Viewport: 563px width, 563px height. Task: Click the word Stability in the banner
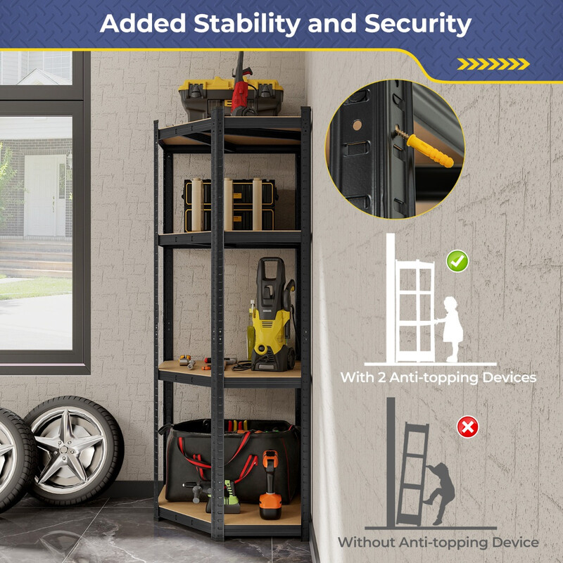(x=247, y=25)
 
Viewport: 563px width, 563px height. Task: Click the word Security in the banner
(x=417, y=25)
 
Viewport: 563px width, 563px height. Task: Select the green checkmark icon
(x=457, y=261)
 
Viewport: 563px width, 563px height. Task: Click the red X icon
(x=467, y=427)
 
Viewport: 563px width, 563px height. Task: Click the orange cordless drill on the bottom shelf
(x=270, y=484)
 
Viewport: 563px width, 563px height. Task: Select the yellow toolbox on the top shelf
(x=230, y=98)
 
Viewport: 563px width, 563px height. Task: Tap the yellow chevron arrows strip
(x=493, y=64)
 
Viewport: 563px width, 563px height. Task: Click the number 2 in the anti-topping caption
(x=381, y=378)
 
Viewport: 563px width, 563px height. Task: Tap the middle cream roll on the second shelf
(x=228, y=204)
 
